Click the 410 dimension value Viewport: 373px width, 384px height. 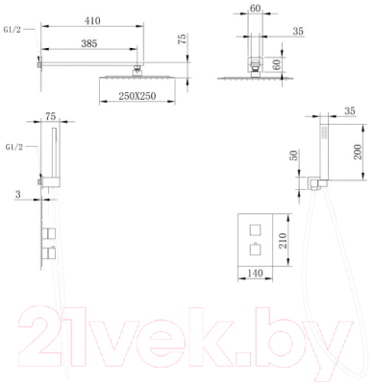click(x=92, y=21)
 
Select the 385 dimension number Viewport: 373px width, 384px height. click(x=89, y=43)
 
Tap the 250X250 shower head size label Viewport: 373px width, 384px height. click(x=137, y=96)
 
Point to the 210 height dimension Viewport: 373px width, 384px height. click(x=282, y=241)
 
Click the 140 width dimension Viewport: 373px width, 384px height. click(x=256, y=273)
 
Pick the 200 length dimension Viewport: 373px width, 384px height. click(x=358, y=152)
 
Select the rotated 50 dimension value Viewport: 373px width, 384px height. click(x=294, y=156)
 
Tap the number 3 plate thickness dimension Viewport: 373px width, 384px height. click(x=18, y=194)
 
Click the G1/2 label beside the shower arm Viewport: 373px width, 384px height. click(x=12, y=30)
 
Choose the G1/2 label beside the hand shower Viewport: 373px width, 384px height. click(x=14, y=147)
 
